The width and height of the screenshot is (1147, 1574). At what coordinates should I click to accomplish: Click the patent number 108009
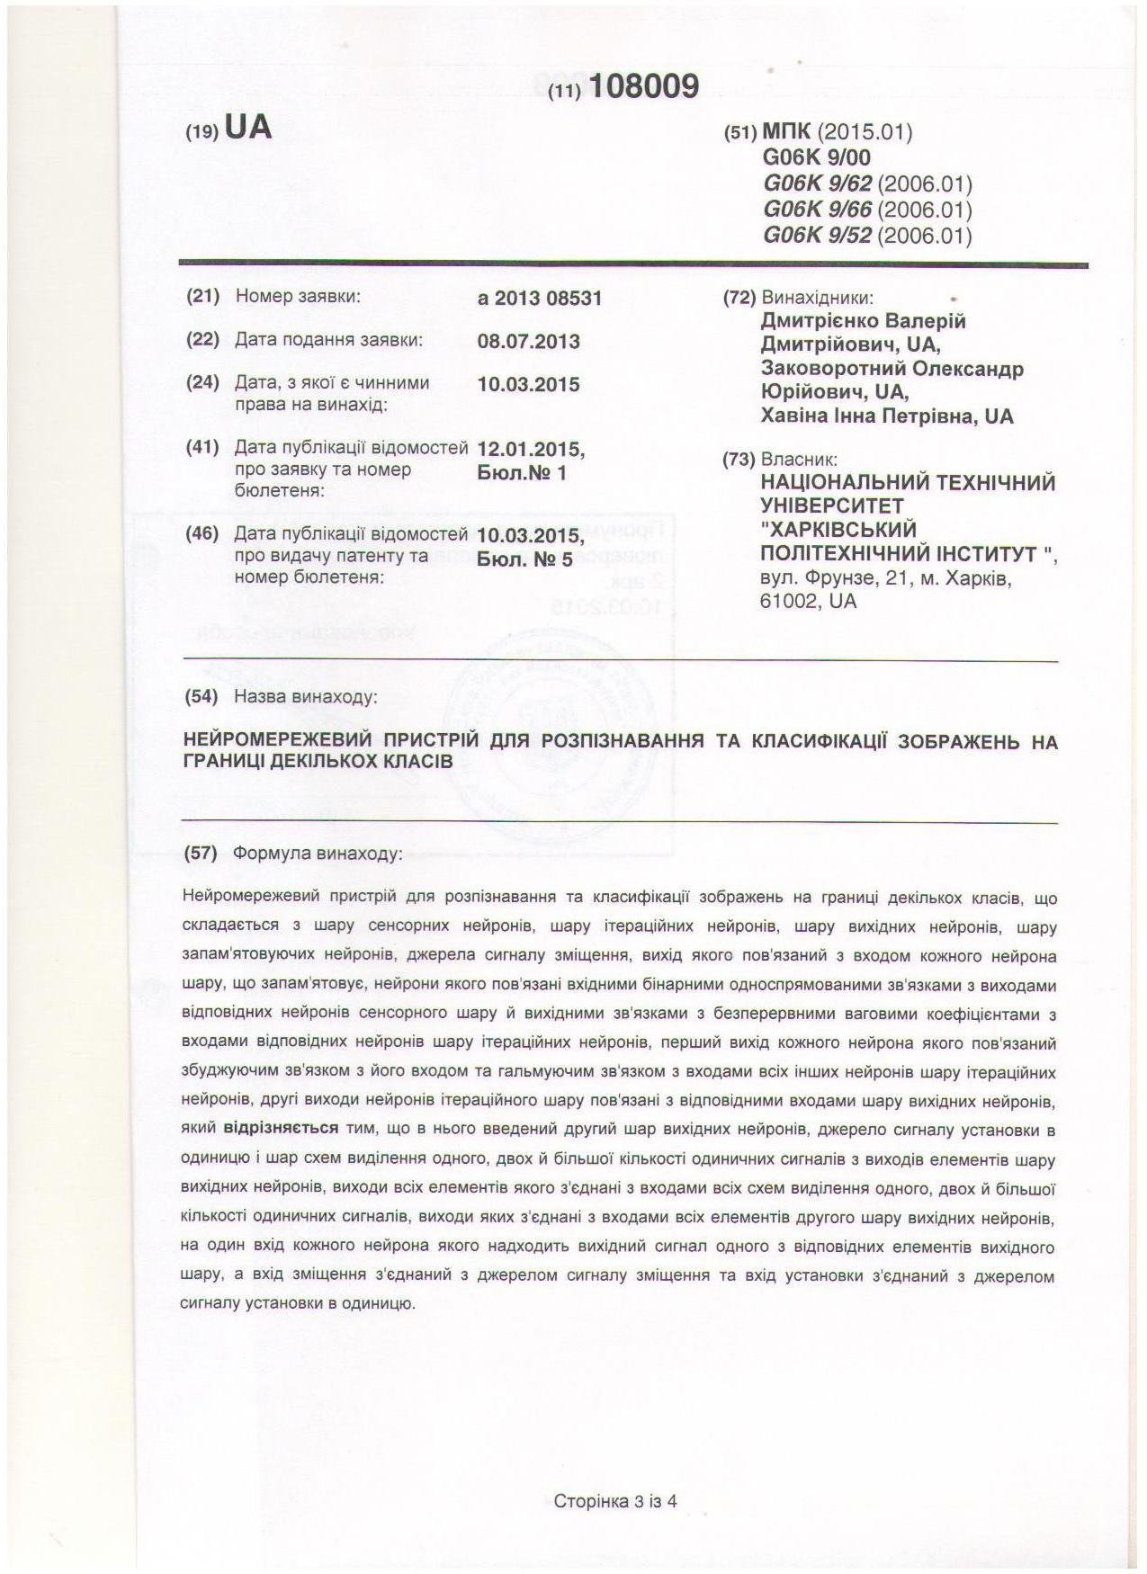645,86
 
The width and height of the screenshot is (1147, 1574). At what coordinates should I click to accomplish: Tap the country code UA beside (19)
247,129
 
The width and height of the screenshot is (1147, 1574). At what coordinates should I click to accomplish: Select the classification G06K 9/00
817,157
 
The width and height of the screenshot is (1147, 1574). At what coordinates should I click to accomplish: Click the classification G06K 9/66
817,210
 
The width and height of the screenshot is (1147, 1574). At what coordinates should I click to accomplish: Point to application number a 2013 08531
540,298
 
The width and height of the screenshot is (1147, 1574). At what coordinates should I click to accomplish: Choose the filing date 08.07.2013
529,342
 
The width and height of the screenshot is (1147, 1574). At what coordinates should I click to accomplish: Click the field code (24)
202,382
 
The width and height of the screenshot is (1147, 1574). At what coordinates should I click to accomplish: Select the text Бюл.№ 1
522,472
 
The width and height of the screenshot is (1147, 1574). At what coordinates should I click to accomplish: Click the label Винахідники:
817,298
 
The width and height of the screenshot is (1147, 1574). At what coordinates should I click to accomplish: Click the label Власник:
799,460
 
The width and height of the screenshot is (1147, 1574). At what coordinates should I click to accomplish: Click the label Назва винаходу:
306,696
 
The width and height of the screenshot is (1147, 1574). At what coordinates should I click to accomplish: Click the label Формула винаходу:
317,853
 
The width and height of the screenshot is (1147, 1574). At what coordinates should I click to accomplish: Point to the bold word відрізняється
281,1128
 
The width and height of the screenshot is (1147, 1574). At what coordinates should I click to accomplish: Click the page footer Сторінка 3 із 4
615,1500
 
